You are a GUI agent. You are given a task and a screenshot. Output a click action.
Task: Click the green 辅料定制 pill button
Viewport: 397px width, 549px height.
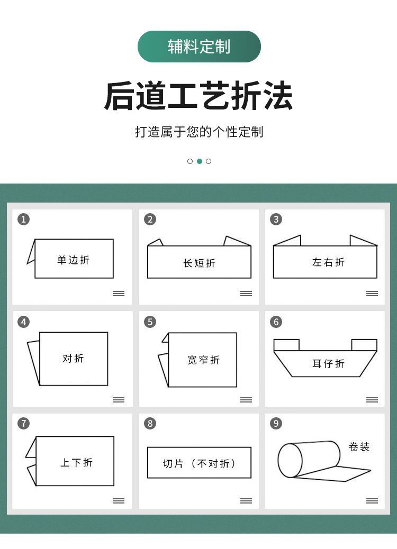pyautogui.click(x=199, y=47)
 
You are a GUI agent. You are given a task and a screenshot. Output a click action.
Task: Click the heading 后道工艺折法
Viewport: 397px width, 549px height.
pyautogui.click(x=198, y=96)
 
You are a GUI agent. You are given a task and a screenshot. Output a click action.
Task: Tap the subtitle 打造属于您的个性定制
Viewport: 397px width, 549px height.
pyautogui.click(x=198, y=132)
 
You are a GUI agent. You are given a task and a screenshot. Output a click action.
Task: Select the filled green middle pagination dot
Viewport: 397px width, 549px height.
pyautogui.click(x=199, y=161)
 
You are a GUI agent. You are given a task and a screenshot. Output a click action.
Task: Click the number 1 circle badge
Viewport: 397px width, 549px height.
pyautogui.click(x=23, y=219)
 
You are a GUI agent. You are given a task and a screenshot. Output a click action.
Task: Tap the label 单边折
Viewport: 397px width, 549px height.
pyautogui.click(x=74, y=260)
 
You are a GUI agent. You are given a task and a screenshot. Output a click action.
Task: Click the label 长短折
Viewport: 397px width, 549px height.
pyautogui.click(x=199, y=263)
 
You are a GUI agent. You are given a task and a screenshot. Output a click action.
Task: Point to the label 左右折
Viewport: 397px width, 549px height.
pyautogui.click(x=328, y=262)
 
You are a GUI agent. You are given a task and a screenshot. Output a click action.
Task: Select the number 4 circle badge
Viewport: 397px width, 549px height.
pyautogui.click(x=23, y=322)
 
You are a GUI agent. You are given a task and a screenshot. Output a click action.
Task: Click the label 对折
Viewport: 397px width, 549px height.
pyautogui.click(x=73, y=358)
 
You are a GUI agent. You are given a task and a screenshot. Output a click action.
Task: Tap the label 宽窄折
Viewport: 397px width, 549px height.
pyautogui.click(x=203, y=360)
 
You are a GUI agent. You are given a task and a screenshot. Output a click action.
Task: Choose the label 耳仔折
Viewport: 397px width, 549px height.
pyautogui.click(x=328, y=363)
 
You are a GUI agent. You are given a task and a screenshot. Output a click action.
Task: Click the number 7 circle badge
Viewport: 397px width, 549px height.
pyautogui.click(x=23, y=423)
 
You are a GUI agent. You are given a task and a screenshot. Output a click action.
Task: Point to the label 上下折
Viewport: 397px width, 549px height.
pyautogui.click(x=76, y=463)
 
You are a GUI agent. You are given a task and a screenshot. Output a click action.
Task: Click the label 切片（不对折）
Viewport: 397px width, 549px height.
pyautogui.click(x=199, y=463)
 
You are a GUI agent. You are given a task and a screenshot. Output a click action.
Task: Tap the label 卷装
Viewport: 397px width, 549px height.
pyautogui.click(x=358, y=447)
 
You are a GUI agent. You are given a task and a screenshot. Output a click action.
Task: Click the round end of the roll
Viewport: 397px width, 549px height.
pyautogui.click(x=290, y=460)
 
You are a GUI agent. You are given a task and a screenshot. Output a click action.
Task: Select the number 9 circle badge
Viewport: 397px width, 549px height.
pyautogui.click(x=276, y=423)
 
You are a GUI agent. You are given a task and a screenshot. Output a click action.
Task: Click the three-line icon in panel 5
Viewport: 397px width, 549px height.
pyautogui.click(x=246, y=400)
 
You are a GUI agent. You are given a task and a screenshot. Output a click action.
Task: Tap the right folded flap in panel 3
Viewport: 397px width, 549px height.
pyautogui.click(x=362, y=241)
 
